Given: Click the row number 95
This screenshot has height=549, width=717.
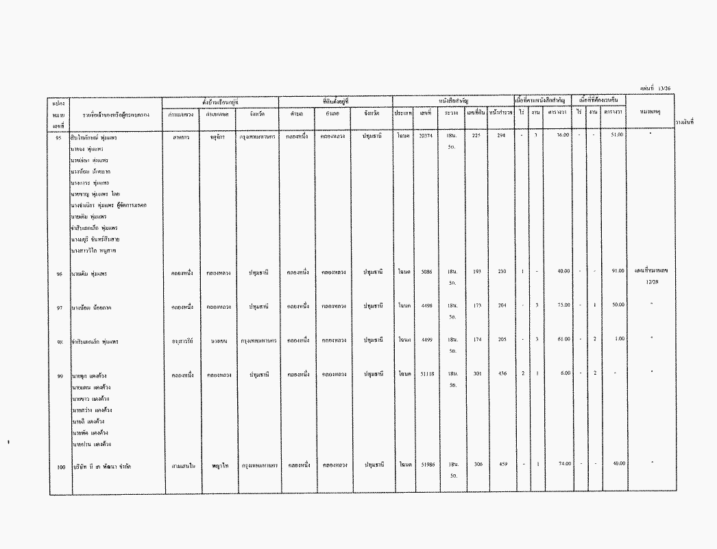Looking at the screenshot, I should [59, 138].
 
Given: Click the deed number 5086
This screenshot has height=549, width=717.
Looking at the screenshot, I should [426, 272].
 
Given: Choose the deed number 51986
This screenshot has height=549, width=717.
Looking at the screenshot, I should [426, 465].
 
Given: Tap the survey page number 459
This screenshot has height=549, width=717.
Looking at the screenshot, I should [502, 465].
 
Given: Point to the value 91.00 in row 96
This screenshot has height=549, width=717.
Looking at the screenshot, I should [617, 272].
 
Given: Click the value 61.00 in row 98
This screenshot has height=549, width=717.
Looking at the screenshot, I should [563, 339].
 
